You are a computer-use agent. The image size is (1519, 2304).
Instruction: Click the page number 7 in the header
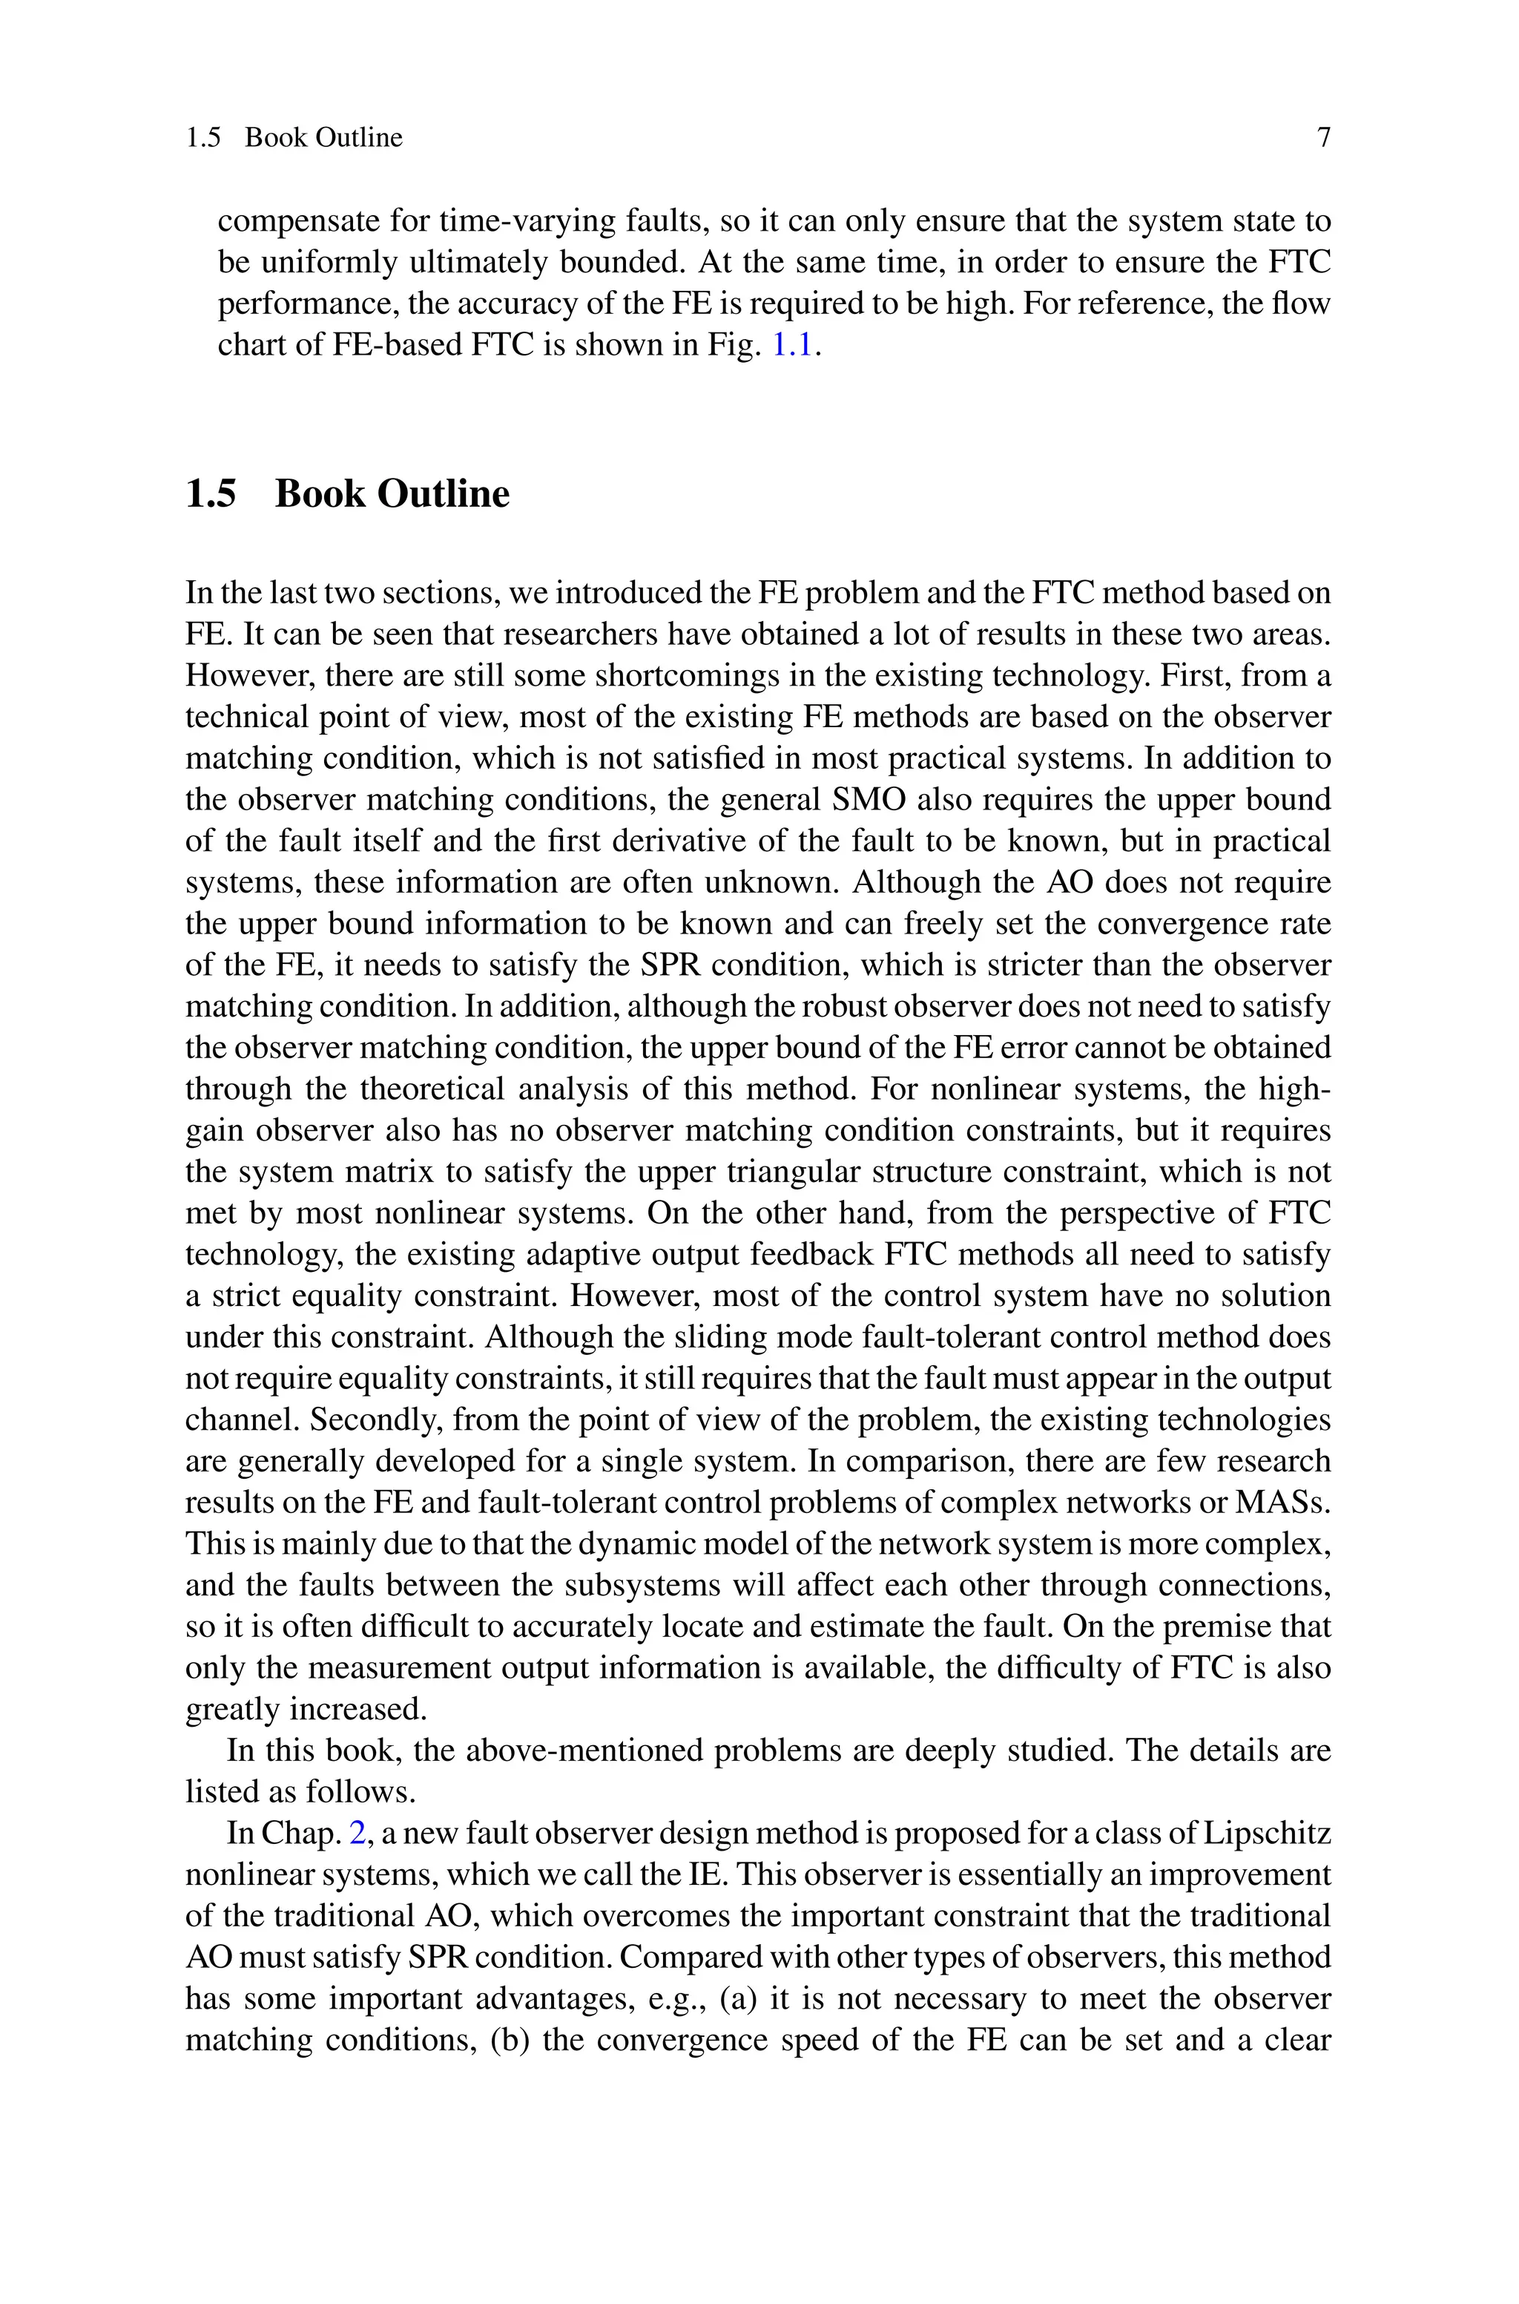tap(1323, 137)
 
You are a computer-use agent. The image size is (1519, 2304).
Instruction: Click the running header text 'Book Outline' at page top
tap(323, 137)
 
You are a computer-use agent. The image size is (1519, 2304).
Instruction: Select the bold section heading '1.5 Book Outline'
tap(347, 493)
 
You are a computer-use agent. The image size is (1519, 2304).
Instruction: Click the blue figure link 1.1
tap(791, 345)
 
